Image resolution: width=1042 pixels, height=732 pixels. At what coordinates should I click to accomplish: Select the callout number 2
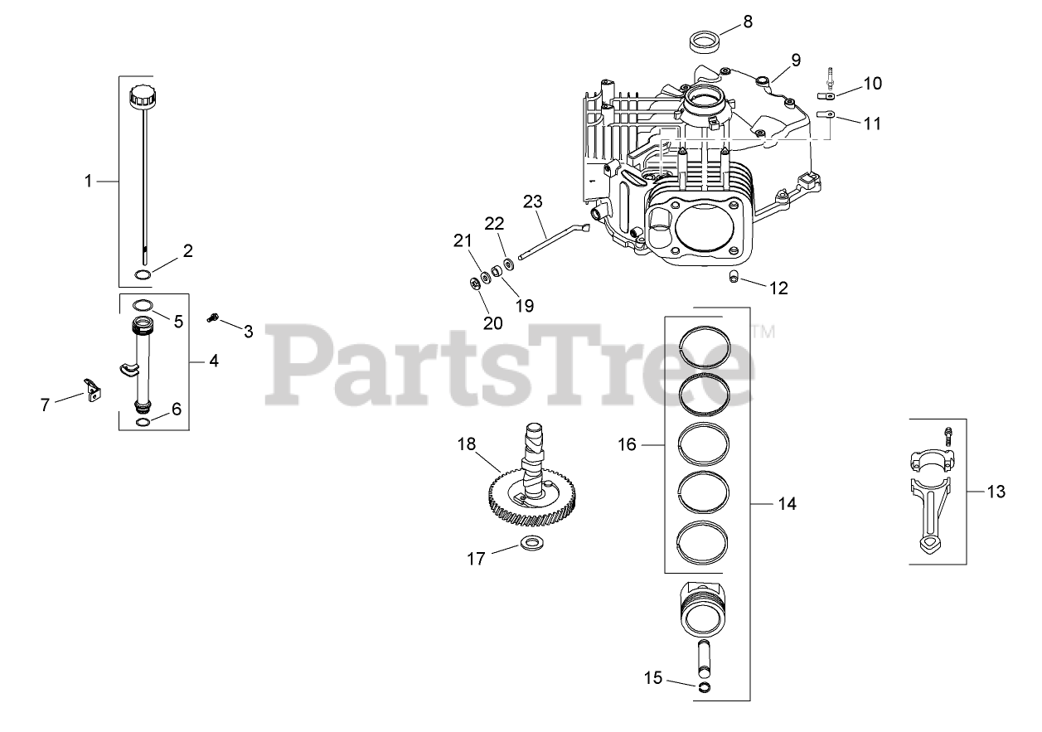click(188, 251)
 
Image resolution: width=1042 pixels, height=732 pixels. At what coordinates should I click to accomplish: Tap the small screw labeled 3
click(213, 317)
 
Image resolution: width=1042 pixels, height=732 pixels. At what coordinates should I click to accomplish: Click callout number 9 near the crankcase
click(795, 60)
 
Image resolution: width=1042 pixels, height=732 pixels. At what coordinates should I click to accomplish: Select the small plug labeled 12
click(734, 275)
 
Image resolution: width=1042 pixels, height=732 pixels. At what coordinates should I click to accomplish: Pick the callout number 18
click(467, 444)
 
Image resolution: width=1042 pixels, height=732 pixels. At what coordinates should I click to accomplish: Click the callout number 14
click(787, 503)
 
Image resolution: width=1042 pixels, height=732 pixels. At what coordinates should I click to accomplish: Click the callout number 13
click(996, 492)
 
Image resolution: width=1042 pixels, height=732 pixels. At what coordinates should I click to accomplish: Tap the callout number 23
click(532, 201)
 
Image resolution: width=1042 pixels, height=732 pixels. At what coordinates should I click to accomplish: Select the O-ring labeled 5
click(143, 303)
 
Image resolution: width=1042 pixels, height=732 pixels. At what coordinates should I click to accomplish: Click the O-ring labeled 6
click(143, 422)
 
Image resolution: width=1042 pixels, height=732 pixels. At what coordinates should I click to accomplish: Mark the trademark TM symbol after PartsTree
click(763, 332)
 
